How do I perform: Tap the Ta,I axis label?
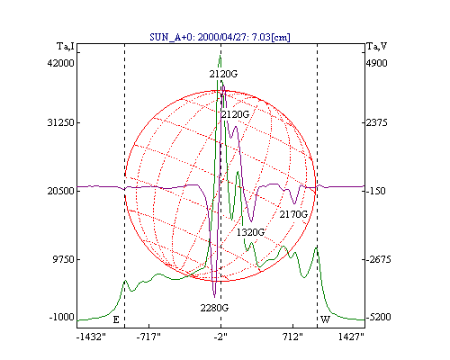66,47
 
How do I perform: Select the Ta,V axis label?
377,47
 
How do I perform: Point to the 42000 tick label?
60,63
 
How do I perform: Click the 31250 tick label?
60,122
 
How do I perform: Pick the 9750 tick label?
63,259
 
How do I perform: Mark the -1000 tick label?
61,317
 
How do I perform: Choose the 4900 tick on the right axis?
377,63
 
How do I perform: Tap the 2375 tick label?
377,122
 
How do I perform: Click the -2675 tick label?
379,259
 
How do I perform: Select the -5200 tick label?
379,317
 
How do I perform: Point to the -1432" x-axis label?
91,337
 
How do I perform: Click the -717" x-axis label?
148,337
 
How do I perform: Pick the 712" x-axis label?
292,337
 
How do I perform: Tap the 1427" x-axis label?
351,337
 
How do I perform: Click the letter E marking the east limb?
116,319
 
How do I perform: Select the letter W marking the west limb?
325,319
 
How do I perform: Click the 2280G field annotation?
214,308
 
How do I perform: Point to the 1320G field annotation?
250,232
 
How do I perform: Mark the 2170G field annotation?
293,214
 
